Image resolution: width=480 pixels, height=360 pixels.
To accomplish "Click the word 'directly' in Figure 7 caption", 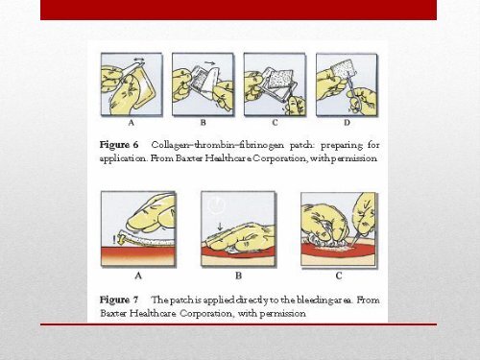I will pyautogui.click(x=253, y=299).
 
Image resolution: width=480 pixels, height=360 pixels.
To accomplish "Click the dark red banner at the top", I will pyautogui.click(x=239, y=10).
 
